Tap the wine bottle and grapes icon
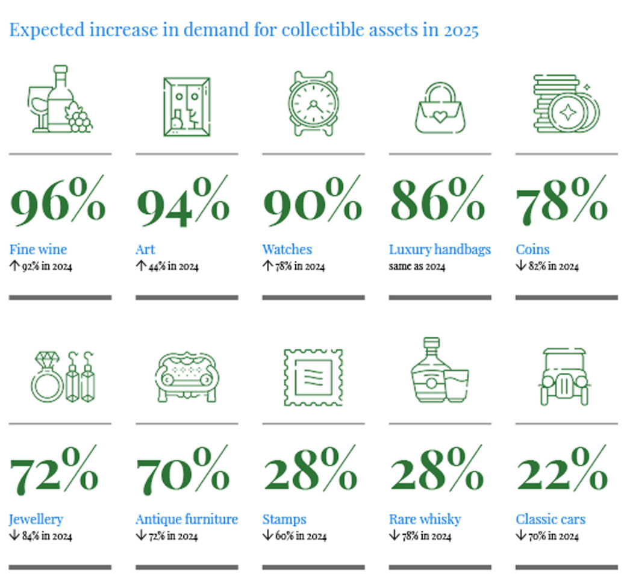coord(60,99)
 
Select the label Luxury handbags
coord(440,249)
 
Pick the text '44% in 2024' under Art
coord(173,266)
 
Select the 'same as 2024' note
coord(417,266)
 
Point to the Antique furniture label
coord(187,519)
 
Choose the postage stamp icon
coord(313,377)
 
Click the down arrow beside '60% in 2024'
coord(267,535)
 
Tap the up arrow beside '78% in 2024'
coord(267,266)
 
